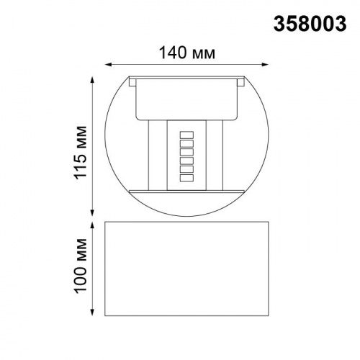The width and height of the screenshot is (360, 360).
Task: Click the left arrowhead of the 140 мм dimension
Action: click(x=107, y=64)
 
